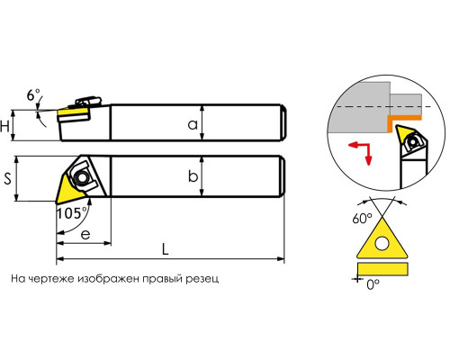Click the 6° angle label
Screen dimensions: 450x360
coord(33,95)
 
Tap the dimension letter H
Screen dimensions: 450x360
coord(4,126)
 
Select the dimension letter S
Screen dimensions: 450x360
coord(7,179)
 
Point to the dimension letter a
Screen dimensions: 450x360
coord(193,124)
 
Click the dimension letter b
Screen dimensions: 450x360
coord(193,176)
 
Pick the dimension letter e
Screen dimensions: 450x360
coord(85,234)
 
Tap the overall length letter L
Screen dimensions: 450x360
coord(166,248)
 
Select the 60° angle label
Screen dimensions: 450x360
coord(362,218)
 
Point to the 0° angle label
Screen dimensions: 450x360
coord(373,284)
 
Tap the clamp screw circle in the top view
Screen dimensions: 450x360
coord(82,177)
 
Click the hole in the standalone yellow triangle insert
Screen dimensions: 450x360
coord(382,243)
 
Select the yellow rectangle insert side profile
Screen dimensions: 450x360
coord(382,269)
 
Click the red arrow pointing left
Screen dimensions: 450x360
coord(358,146)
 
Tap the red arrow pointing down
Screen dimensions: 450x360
coord(368,155)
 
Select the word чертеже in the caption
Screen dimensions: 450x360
coord(53,279)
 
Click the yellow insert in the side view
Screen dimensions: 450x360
coord(72,113)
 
